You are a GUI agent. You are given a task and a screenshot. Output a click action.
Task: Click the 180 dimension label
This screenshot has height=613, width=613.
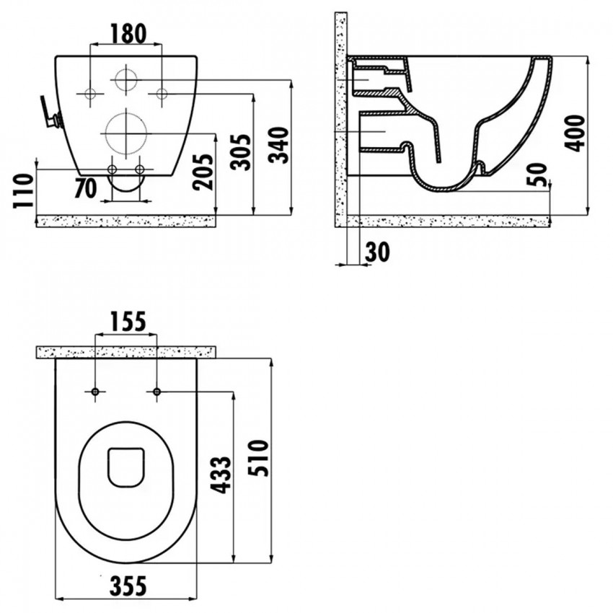coord(128,34)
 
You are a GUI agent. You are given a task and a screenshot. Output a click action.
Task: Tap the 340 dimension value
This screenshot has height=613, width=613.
coord(280,144)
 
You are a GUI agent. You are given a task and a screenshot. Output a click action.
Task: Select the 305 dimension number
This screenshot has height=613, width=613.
coord(240,151)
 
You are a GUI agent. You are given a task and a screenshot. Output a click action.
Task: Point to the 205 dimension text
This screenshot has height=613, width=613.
coord(203,172)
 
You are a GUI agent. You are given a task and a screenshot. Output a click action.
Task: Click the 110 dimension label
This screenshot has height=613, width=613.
coord(24,190)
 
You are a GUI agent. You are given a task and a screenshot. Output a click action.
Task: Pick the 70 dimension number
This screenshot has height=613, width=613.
coord(85,188)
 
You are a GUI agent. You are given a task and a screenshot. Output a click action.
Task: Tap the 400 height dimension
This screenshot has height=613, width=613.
coord(574,133)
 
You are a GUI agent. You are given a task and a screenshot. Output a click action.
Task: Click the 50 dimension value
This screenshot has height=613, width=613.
coord(537,175)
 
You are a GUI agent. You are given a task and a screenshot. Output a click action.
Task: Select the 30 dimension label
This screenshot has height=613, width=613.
coord(378,252)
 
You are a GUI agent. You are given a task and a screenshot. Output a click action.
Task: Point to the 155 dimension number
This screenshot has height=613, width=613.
coord(128,322)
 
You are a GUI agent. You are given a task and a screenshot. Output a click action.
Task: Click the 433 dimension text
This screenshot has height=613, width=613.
coord(221,475)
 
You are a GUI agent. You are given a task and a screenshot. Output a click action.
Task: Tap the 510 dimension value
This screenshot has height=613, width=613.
coord(259,458)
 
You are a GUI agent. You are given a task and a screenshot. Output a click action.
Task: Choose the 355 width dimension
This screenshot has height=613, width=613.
coord(128,586)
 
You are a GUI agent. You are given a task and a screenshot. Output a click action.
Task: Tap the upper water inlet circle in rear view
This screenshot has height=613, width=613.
coord(126,79)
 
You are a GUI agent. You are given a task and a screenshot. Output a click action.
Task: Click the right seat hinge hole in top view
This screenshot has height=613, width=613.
coord(156,392)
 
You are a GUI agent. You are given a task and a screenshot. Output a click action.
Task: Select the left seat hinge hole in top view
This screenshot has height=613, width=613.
coord(95,392)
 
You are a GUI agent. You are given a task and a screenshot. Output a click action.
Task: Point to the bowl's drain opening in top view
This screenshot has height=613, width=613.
coord(126,467)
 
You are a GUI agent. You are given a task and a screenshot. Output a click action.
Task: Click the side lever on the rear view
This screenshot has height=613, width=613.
coord(50,113)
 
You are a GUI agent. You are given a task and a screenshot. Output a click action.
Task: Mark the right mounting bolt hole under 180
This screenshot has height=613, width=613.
coord(162,94)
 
